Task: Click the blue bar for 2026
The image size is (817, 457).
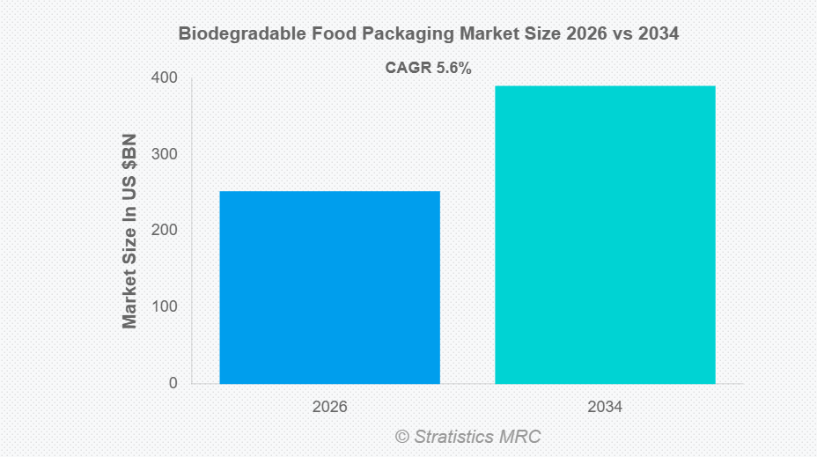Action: (329, 287)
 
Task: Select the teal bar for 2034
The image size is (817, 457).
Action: (605, 234)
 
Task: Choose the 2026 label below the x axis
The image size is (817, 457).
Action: (329, 408)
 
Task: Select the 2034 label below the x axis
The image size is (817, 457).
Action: (605, 408)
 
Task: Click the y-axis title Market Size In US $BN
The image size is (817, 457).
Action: (130, 232)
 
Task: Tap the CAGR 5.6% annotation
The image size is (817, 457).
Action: (429, 68)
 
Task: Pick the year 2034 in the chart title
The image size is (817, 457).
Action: (659, 34)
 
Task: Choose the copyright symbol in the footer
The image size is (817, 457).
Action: (402, 437)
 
